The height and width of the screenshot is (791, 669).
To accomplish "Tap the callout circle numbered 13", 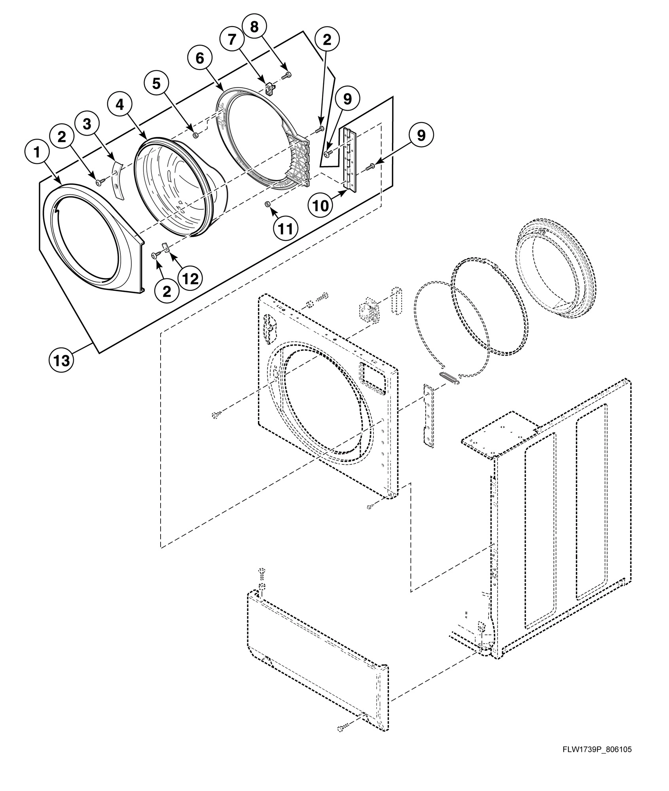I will pos(61,360).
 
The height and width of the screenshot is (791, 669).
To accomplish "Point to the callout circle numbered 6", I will pos(200,58).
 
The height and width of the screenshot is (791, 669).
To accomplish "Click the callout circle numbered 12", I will pos(190,278).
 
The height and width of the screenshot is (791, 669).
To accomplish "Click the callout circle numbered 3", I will pos(87,124).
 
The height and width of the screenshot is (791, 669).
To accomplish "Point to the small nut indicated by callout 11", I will pos(267,204).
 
